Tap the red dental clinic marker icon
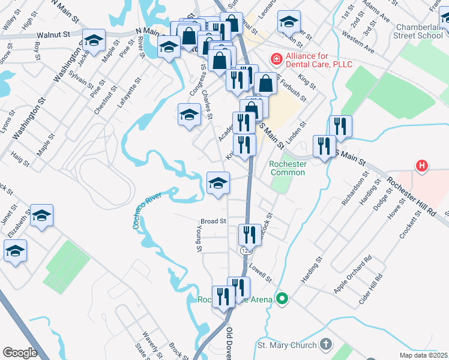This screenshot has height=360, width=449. pos(276,59)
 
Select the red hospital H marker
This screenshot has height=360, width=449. pos(422,166)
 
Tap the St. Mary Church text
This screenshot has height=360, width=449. pos(286,345)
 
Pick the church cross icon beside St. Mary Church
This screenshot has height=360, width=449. pos(325,344)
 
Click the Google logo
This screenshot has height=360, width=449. pos(20,352)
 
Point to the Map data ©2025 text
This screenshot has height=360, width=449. pos(423,355)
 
